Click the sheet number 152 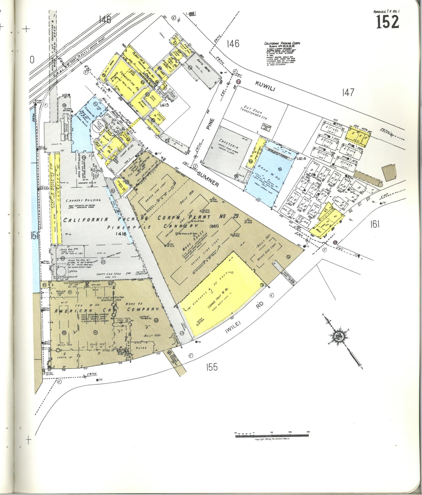tap(387, 22)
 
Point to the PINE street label tap(211, 124)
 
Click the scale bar tap(272, 435)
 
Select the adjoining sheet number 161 tap(375, 224)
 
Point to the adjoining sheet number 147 tap(348, 93)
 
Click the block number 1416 tap(121, 234)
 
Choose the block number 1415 tap(165, 105)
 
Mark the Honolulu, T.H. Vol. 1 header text tap(387, 11)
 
